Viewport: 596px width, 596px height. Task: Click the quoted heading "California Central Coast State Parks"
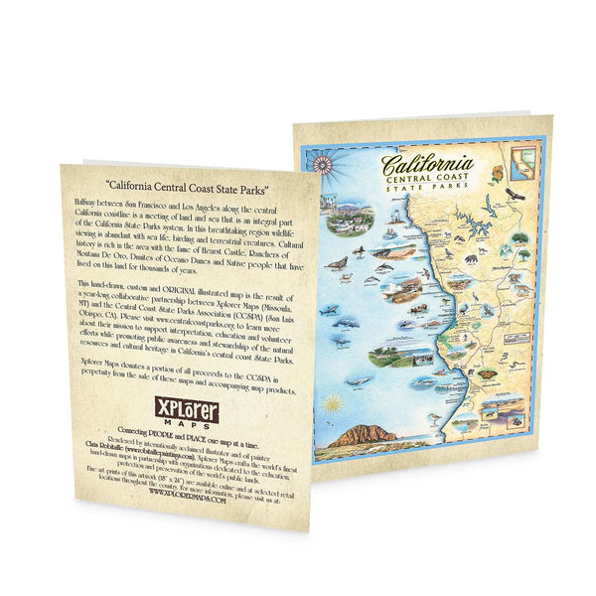[x=189, y=186]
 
